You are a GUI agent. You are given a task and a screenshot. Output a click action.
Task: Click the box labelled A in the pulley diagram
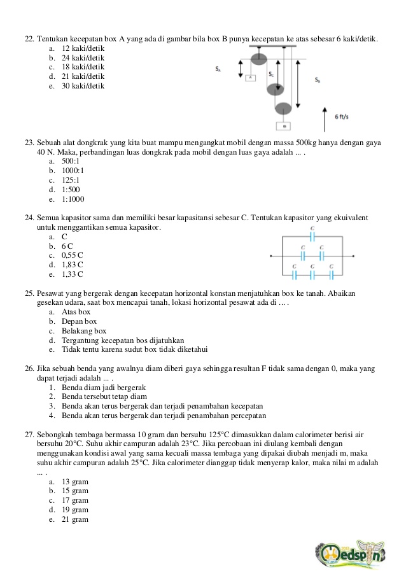tap(251, 78)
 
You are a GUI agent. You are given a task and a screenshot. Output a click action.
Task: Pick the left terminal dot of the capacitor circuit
tap(272, 256)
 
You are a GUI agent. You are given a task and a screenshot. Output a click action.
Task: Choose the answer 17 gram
tap(75, 500)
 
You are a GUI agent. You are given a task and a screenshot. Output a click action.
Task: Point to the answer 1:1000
tap(73, 199)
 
